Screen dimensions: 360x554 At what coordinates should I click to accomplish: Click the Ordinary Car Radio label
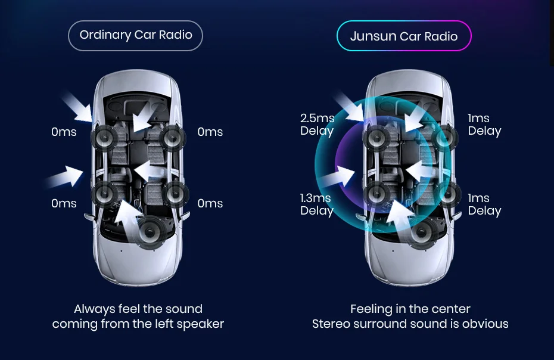point(136,35)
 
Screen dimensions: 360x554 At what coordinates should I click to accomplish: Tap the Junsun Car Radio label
point(404,36)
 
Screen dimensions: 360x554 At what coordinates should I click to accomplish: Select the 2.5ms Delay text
point(317,125)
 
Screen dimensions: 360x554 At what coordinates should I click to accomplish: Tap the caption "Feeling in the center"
point(410,309)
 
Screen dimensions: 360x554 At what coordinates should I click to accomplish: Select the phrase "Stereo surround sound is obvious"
point(410,324)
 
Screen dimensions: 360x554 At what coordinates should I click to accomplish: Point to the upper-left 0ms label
point(64,132)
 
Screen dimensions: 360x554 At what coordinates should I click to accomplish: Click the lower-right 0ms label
point(210,203)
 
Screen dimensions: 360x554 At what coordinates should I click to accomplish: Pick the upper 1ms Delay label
point(484,125)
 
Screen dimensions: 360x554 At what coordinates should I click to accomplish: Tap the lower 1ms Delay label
point(484,204)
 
